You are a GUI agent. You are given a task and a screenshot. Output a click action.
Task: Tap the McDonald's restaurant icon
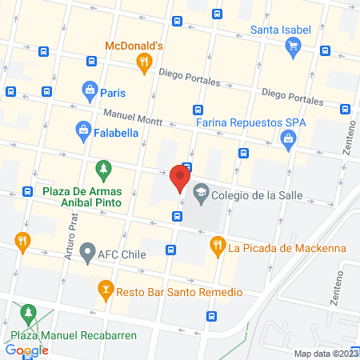(x=144, y=62)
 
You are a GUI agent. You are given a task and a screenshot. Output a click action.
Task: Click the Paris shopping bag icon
(x=90, y=90)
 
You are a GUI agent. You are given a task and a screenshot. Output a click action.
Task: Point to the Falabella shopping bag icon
(x=82, y=129)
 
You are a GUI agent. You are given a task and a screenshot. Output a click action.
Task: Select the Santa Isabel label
(x=280, y=30)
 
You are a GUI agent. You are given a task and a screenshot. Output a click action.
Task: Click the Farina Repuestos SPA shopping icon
(x=288, y=140)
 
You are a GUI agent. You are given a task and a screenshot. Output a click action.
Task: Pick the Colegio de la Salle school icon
(x=200, y=191)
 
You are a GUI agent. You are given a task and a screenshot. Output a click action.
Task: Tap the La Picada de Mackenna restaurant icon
(x=215, y=246)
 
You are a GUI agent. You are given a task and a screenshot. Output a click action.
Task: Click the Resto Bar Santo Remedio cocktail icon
(x=104, y=288)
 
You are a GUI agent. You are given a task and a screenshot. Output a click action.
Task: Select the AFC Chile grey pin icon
(x=86, y=251)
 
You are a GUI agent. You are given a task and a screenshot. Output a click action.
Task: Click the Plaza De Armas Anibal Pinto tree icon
(x=102, y=170)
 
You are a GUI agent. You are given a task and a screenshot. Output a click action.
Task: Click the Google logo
(x=26, y=350)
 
